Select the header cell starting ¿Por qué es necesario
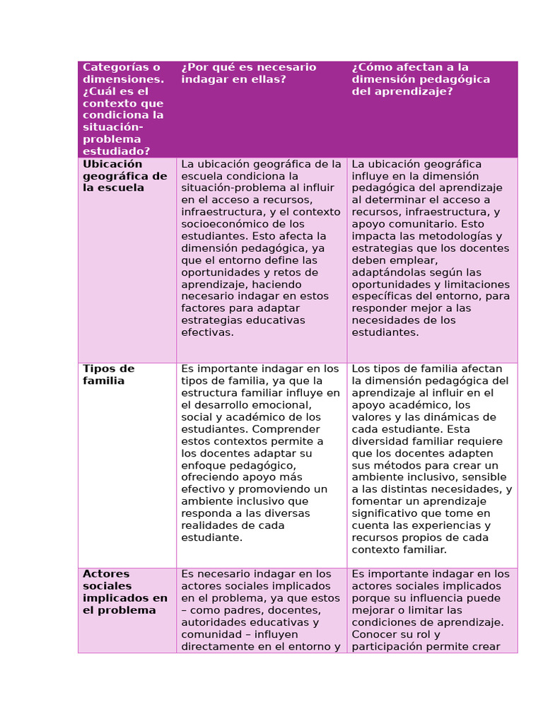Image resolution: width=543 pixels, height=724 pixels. coord(249,73)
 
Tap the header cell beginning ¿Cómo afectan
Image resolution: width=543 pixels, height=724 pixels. coord(421,79)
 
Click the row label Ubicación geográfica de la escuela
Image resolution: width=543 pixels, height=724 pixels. coord(125,176)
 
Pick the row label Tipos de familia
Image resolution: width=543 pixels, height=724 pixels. coord(108,375)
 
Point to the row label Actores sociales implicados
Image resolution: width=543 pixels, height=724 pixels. coord(125,592)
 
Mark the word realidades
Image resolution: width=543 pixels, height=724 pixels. coord(210,525)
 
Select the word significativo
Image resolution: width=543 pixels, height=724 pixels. coord(386,513)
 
